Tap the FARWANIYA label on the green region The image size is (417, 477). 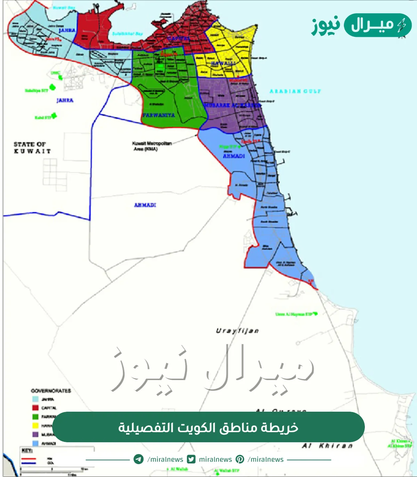[159, 115]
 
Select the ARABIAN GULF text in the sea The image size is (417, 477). [295, 91]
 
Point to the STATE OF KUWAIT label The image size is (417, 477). [32, 148]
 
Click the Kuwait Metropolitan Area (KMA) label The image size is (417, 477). [152, 146]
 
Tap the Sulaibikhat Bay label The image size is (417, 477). [127, 34]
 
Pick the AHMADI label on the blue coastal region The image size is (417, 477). [234, 156]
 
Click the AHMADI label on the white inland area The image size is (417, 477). [145, 205]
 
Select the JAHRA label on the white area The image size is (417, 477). [65, 100]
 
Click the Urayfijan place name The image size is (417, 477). [237, 331]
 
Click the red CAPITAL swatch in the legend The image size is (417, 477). [35, 408]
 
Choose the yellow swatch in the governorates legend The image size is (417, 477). [35, 425]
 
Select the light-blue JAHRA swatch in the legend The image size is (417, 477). [35, 399]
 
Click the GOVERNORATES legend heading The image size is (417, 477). [51, 391]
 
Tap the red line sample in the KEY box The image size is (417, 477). [28, 459]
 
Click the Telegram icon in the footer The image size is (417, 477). [139, 459]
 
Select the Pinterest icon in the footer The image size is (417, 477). [240, 459]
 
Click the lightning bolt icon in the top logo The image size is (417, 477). [402, 25]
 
